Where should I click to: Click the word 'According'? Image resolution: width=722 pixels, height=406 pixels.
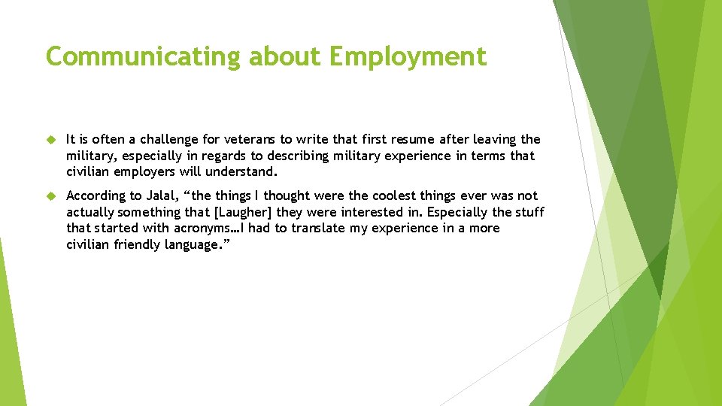pyautogui.click(x=94, y=196)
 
